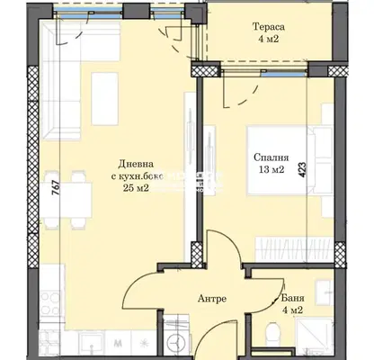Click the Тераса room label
(x=269, y=27)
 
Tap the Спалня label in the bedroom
(x=272, y=157)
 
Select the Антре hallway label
(x=212, y=299)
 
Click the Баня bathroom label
(x=293, y=298)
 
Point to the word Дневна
(x=136, y=164)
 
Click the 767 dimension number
(x=56, y=188)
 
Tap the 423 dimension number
(x=303, y=169)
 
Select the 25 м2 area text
(x=136, y=188)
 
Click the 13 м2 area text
(x=272, y=170)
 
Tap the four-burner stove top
(x=50, y=303)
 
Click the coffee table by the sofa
(x=105, y=99)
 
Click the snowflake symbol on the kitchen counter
(x=145, y=342)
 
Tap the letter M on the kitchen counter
(x=118, y=343)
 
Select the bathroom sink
(x=325, y=289)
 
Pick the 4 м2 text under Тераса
(x=269, y=39)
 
